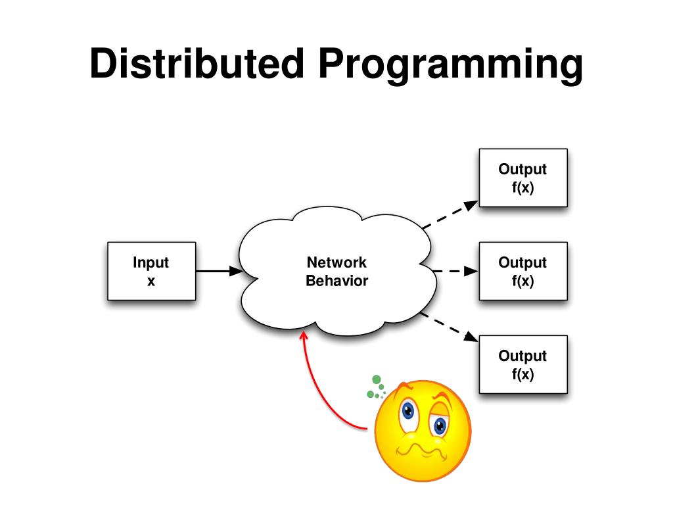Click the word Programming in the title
click(x=452, y=65)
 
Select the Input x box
click(x=151, y=271)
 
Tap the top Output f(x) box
click(x=522, y=178)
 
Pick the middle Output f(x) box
click(x=522, y=271)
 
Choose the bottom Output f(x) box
click(x=522, y=364)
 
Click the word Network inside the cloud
click(x=336, y=262)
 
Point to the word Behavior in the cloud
click(x=336, y=281)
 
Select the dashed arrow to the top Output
click(x=450, y=214)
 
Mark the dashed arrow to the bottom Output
click(x=450, y=327)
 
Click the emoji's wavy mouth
click(x=421, y=453)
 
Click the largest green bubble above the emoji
click(x=377, y=379)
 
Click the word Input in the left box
click(x=151, y=262)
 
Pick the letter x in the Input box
click(x=151, y=281)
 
